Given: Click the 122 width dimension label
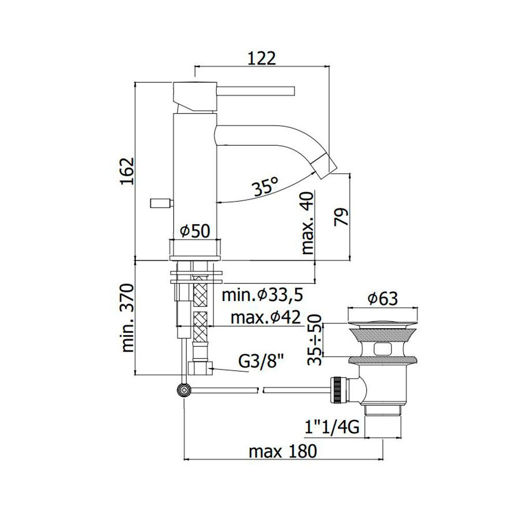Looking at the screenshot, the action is [262, 58].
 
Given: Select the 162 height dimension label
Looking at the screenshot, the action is [127, 171].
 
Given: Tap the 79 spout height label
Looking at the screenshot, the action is [341, 217].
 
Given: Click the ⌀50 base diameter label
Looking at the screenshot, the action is [195, 231].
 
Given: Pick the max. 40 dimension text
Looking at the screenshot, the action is [307, 223].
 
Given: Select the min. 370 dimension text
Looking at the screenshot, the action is [127, 318].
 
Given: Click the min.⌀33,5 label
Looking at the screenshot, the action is [262, 295].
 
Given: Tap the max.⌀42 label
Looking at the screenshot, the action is [266, 317].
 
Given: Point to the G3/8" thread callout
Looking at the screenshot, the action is [262, 362].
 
